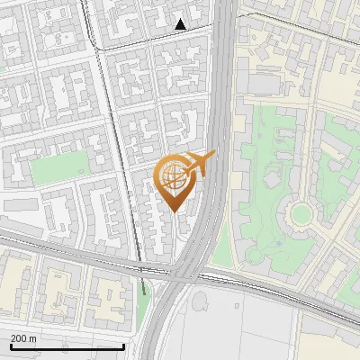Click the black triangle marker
181,24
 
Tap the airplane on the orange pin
201,163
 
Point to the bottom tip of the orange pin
175,212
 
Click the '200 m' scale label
23,338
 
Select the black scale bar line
67,346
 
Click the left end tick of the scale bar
10,346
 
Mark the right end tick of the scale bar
123,346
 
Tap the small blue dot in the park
279,241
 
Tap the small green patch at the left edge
3,66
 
